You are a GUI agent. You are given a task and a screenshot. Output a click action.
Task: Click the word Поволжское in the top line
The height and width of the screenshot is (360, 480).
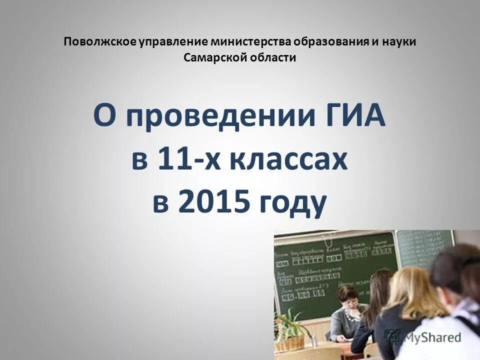(96, 41)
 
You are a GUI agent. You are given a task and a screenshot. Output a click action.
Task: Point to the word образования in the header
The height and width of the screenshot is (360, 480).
(321, 41)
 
